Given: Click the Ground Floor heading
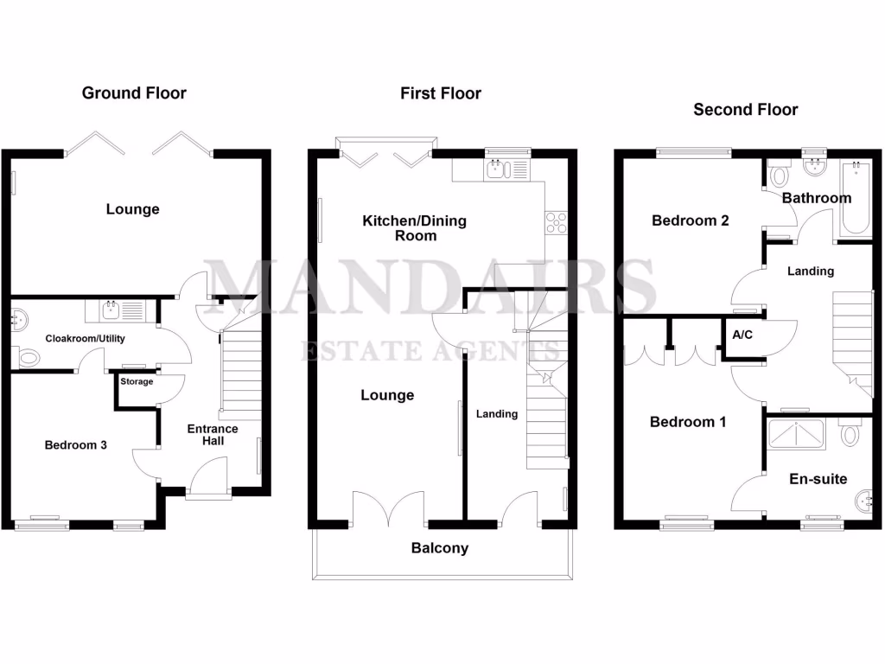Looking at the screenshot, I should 134,93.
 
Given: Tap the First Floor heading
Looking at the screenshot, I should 441,93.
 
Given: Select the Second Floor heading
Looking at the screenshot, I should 746,110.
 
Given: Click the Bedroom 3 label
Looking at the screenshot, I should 76,445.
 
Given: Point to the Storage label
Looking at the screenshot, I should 137,381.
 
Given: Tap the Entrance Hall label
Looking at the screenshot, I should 213,434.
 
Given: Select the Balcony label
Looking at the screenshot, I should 440,548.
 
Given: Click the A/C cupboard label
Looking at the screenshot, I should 742,335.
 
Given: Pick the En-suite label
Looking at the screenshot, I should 818,479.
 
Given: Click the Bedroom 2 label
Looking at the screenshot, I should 691,220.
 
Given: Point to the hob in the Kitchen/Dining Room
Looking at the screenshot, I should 555,222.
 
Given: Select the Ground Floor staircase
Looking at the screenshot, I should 241,372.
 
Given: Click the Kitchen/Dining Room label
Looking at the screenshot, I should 414,227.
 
